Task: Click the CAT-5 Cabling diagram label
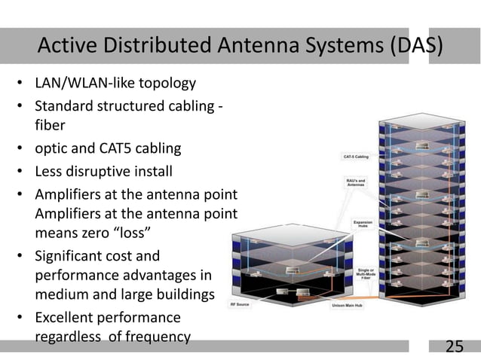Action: pos(357,157)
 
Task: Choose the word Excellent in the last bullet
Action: pos(66,317)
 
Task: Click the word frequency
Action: pos(158,336)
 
